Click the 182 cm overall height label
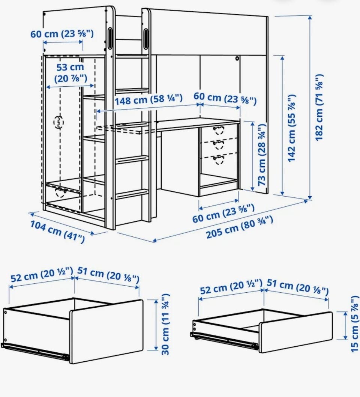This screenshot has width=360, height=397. pyautogui.click(x=319, y=107)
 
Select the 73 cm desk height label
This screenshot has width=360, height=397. pyautogui.click(x=262, y=155)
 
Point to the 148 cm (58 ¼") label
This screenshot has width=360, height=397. pyautogui.click(x=149, y=99)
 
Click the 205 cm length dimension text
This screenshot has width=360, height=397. pyautogui.click(x=240, y=227)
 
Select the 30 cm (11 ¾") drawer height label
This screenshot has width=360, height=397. pyautogui.click(x=165, y=324)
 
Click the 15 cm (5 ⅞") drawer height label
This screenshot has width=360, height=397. pyautogui.click(x=355, y=325)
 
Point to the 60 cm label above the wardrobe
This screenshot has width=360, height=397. pyautogui.click(x=62, y=34)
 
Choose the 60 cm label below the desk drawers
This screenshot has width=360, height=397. pyautogui.click(x=223, y=214)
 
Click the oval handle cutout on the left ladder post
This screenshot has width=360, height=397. pyautogui.click(x=110, y=38)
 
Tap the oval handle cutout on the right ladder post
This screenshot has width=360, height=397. pyautogui.click(x=146, y=38)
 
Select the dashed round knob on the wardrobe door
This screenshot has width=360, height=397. pyautogui.click(x=59, y=123)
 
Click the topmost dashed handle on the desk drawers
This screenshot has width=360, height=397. pyautogui.click(x=219, y=130)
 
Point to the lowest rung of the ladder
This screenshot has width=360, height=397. pyautogui.click(x=132, y=194)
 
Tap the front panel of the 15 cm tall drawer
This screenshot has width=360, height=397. pyautogui.click(x=295, y=332)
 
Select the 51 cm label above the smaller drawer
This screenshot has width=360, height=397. pyautogui.click(x=298, y=287)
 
